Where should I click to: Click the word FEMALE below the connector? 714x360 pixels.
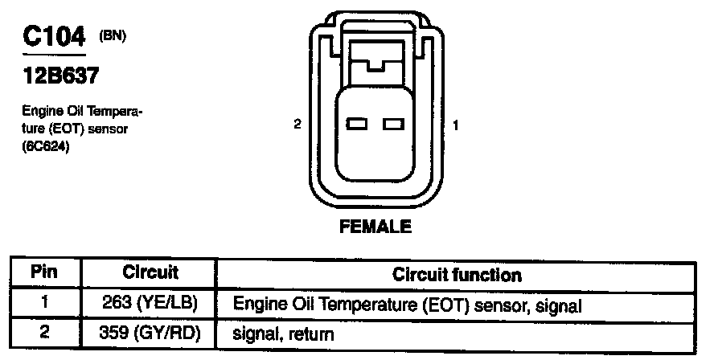(x=375, y=227)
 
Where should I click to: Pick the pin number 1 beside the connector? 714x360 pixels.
(x=456, y=125)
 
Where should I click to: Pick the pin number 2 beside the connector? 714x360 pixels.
(x=297, y=125)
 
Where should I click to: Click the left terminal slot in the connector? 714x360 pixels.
(x=358, y=125)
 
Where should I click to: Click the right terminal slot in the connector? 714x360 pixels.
(x=392, y=125)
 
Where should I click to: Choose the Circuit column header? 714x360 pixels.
(x=150, y=273)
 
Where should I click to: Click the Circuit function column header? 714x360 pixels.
(x=457, y=275)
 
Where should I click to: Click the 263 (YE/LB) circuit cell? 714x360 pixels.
(x=150, y=305)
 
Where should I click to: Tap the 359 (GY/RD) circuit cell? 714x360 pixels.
(x=150, y=331)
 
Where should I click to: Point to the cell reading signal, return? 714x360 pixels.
(x=281, y=332)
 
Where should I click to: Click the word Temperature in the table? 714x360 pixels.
(x=348, y=305)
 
